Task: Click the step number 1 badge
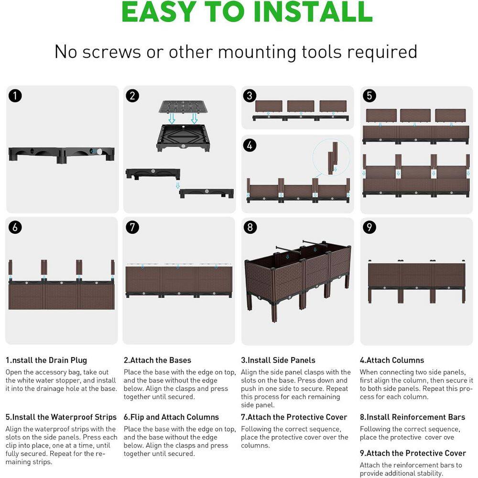pos(15,96)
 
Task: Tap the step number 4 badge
pos(250,145)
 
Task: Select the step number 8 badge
pos(250,227)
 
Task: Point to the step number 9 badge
pos(369,227)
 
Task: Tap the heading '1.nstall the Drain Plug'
pos(46,360)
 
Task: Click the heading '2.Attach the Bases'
pos(157,360)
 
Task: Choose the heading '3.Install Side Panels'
pos(278,360)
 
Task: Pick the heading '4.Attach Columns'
pos(392,360)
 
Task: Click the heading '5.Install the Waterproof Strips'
pos(61,417)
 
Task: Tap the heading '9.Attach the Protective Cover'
pos(413,453)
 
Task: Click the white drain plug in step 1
pos(99,152)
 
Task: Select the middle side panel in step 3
pos(301,106)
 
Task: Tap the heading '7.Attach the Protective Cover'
pos(294,417)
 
